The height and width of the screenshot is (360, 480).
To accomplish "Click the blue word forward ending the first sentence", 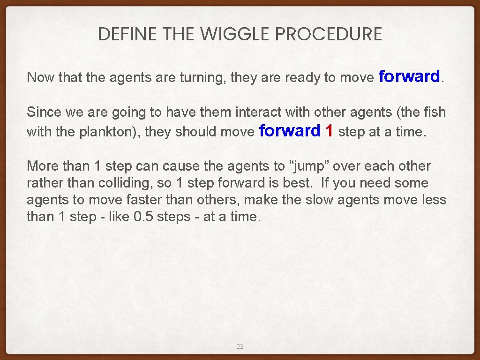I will (409, 76).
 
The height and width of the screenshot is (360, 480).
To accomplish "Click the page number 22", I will (240, 346).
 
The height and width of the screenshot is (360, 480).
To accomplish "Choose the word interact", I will (256, 112).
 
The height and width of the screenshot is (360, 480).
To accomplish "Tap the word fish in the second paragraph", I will (435, 112).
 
